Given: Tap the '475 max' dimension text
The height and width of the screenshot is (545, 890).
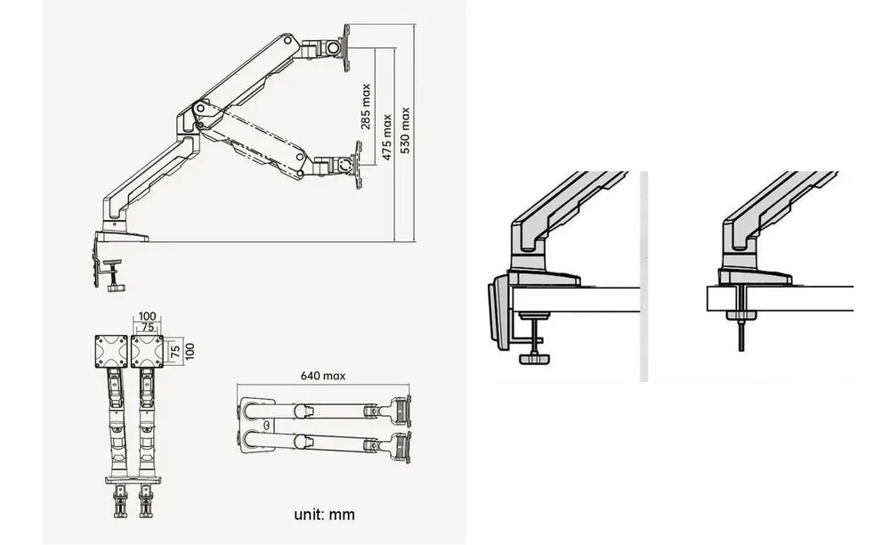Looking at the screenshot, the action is [x=386, y=136].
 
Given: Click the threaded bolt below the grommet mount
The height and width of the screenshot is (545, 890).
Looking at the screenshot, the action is [x=740, y=338].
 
